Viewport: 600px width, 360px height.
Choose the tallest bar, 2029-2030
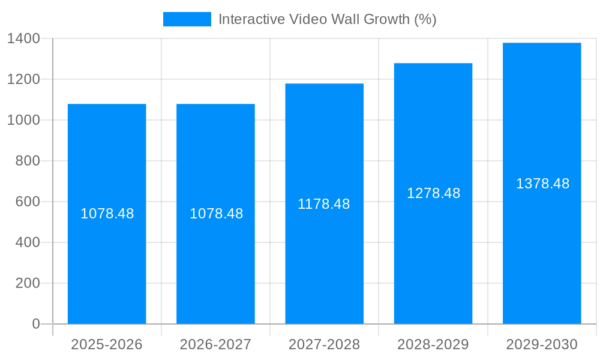click(x=542, y=252)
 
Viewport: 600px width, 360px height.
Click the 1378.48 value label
click(x=542, y=184)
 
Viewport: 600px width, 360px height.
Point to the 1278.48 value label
click(x=433, y=193)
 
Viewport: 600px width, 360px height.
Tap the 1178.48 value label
click(x=324, y=204)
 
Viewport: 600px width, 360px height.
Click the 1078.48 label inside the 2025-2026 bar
click(x=107, y=214)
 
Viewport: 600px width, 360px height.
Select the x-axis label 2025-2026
click(x=107, y=344)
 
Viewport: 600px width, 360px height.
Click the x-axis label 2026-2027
click(x=215, y=344)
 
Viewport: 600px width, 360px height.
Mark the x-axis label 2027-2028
click(x=324, y=344)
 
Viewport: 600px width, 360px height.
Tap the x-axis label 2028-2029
click(x=433, y=344)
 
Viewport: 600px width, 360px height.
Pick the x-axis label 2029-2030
click(x=542, y=344)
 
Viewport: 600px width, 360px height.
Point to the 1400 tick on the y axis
click(x=23, y=38)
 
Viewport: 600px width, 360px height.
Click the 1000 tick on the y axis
click(x=23, y=120)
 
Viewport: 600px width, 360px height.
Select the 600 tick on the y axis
click(x=28, y=202)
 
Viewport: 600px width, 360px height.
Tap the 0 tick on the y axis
click(x=36, y=324)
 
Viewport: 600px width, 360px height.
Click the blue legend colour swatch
click(x=187, y=19)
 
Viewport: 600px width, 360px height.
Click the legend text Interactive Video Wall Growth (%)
click(x=327, y=19)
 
